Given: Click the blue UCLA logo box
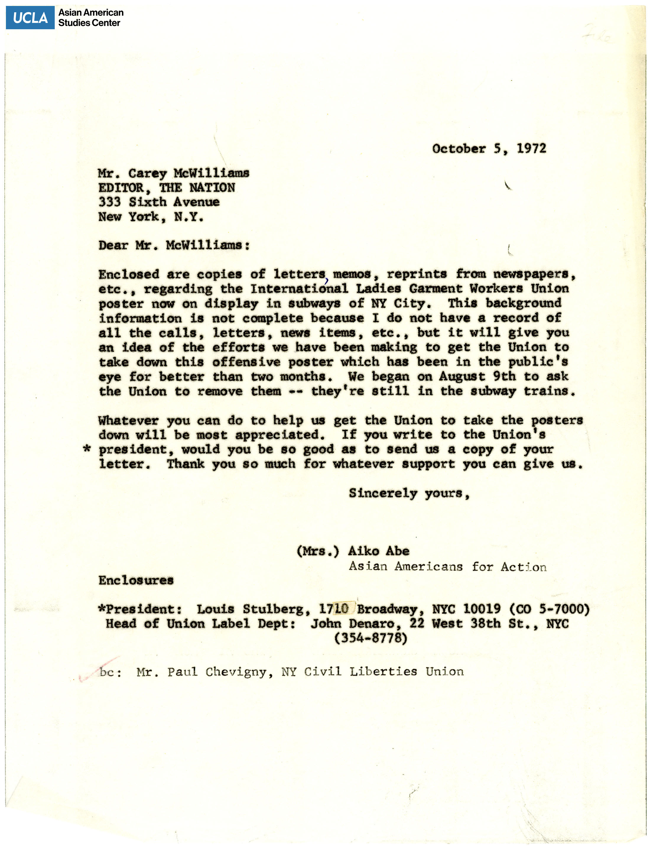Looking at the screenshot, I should tap(30, 17).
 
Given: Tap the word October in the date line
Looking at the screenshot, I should tap(459, 149).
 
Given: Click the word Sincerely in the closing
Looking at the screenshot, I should tap(383, 493).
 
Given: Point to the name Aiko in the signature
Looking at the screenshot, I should tap(363, 551).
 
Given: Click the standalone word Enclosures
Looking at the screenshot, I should tap(136, 580).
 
